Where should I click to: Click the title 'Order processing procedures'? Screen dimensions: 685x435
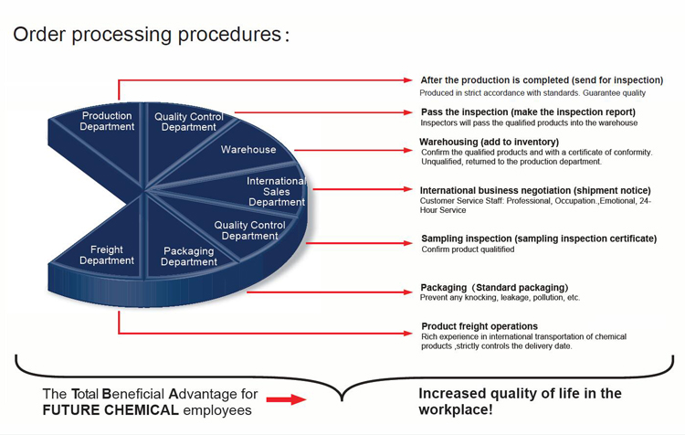[147, 35]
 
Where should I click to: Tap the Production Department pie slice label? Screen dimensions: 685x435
[107, 122]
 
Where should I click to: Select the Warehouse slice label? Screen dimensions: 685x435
[248, 150]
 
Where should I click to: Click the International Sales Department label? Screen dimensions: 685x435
[277, 192]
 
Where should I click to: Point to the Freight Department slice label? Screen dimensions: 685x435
[107, 255]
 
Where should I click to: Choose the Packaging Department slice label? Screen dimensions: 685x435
[189, 257]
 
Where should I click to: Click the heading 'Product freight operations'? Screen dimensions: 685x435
[479, 326]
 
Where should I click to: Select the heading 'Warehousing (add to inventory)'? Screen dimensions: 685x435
[489, 142]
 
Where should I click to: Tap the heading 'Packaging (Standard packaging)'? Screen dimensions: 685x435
[494, 288]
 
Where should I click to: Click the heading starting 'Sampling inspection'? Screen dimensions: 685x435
[539, 239]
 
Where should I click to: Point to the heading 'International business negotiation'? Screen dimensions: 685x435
[535, 191]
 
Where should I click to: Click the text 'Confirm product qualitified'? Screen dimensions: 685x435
[468, 249]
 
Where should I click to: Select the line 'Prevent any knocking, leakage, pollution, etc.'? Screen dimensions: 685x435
[500, 298]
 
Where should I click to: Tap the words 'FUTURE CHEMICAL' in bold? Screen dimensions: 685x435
[111, 410]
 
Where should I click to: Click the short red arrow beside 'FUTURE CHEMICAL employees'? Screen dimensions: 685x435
[286, 399]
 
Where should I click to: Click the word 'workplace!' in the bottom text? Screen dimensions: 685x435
[456, 409]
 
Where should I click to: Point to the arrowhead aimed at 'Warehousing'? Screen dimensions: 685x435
[407, 151]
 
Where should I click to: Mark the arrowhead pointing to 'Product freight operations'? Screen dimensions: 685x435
[407, 334]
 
